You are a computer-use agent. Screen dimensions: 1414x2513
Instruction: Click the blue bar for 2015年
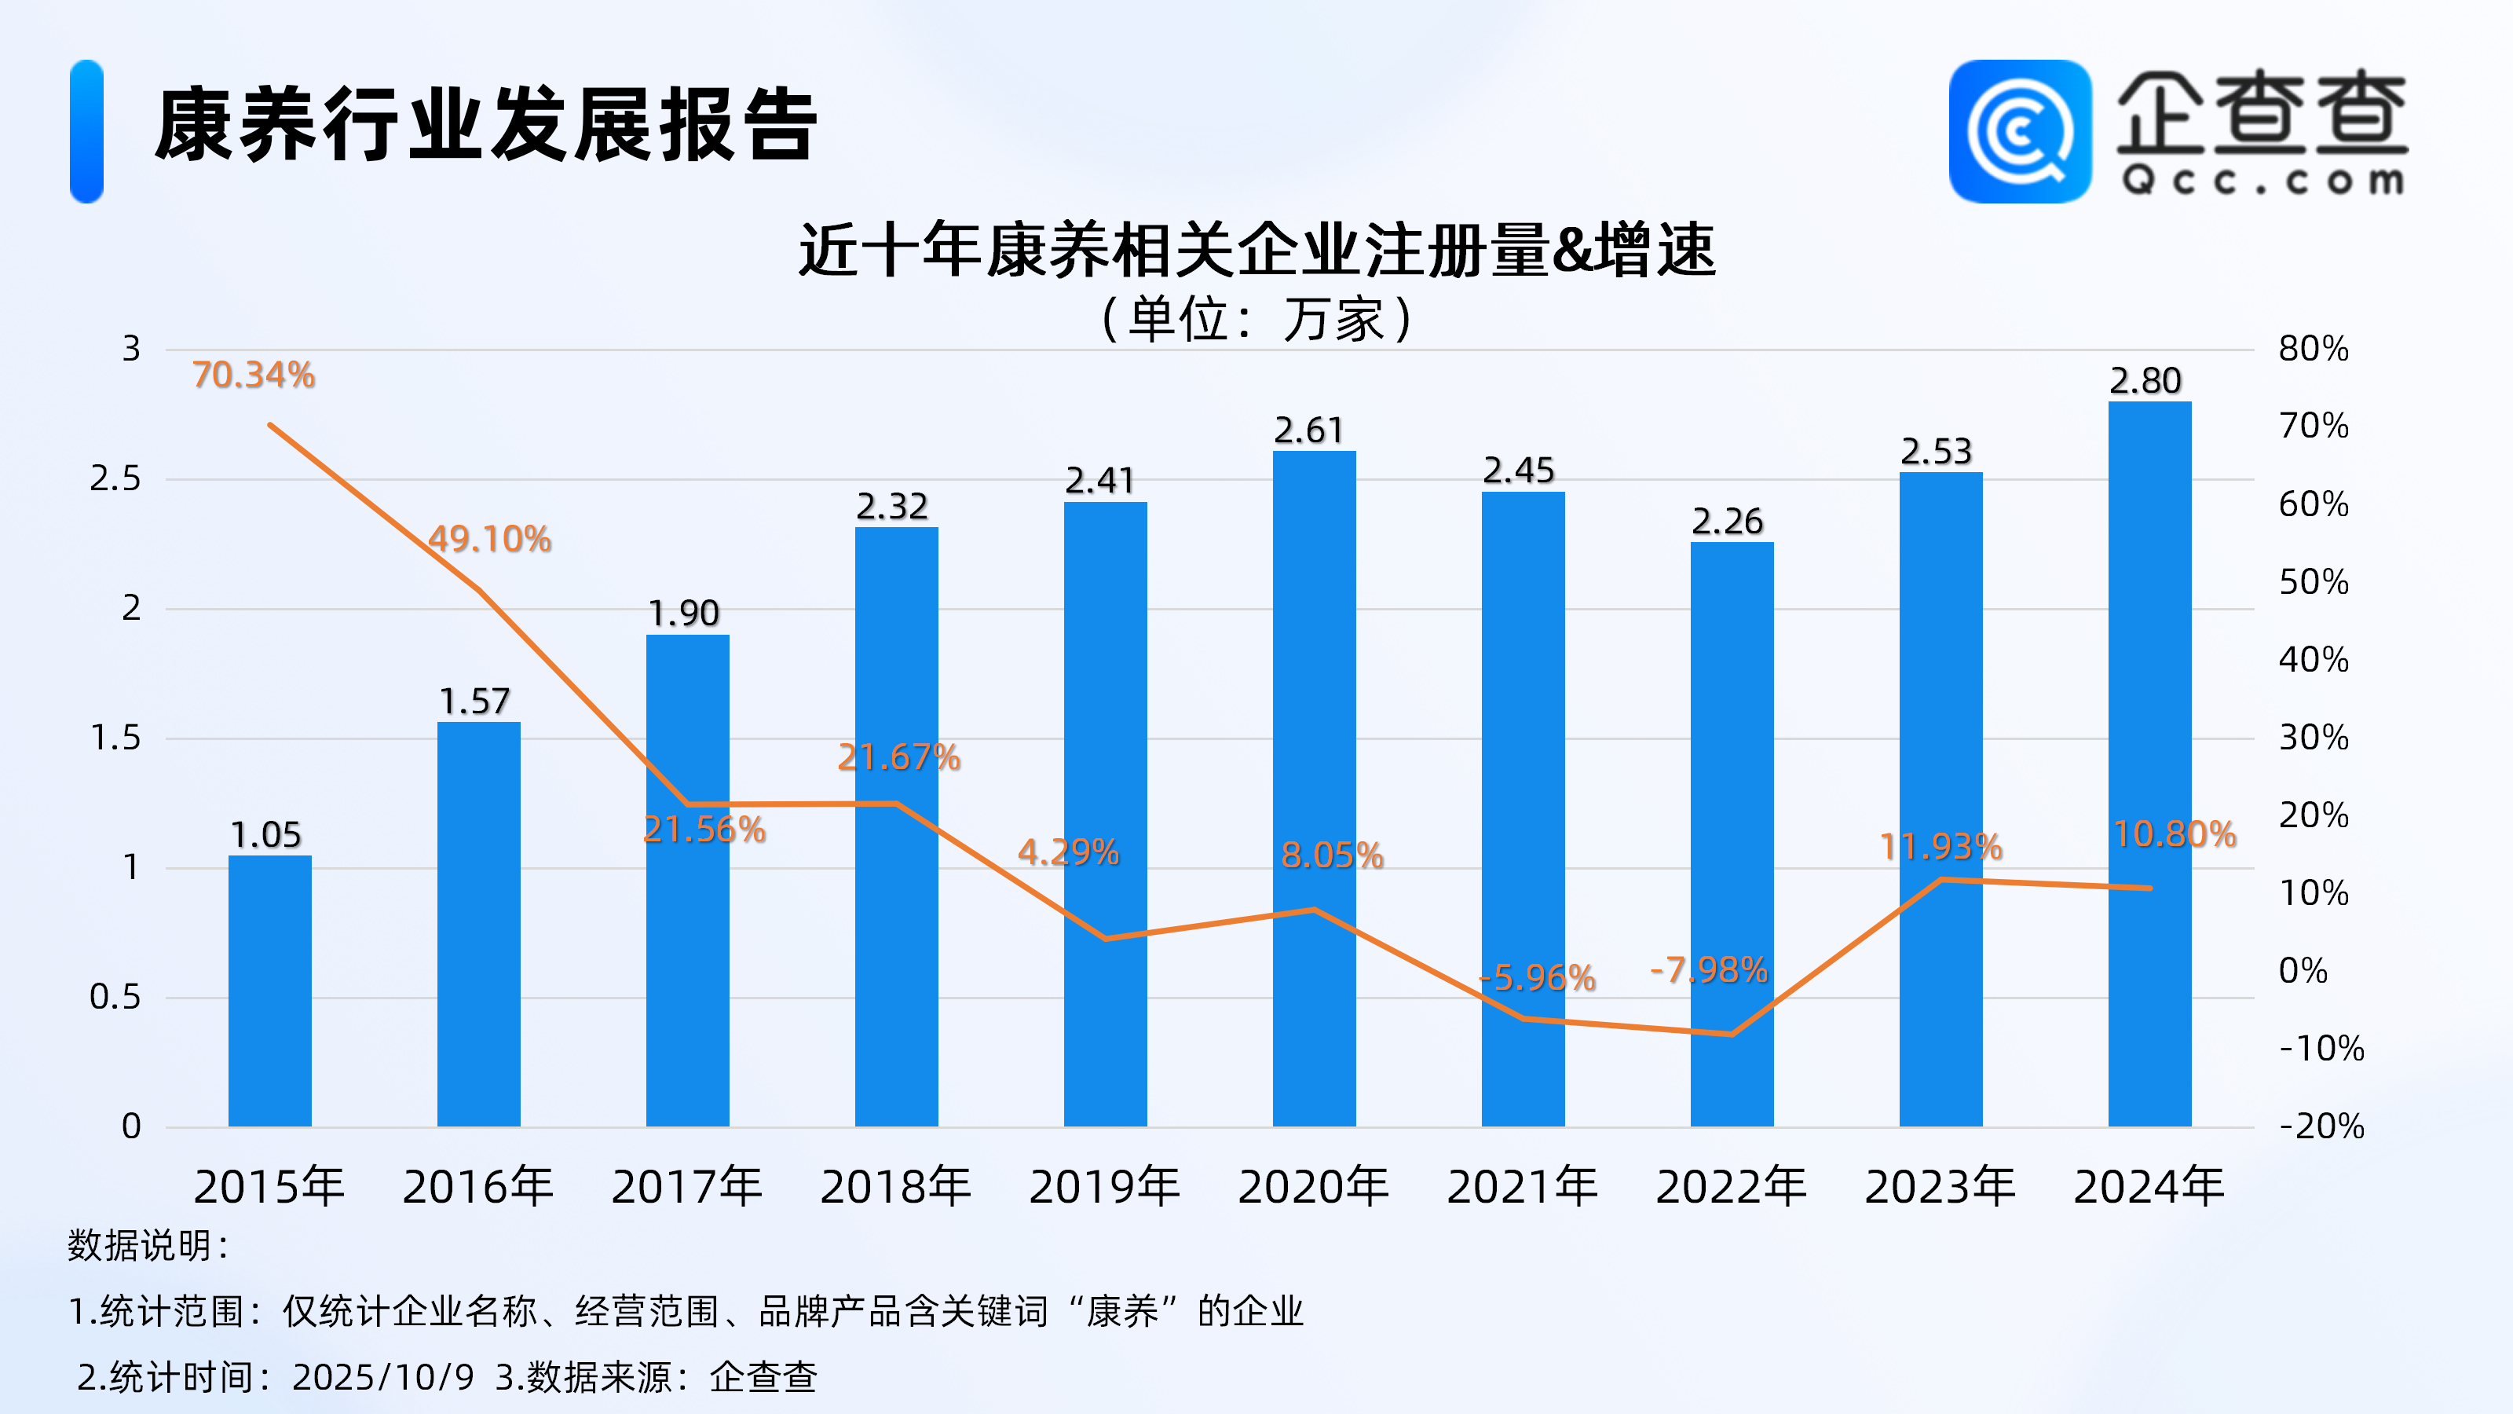[x=270, y=991]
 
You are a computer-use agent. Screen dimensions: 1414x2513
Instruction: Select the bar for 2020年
[x=1314, y=789]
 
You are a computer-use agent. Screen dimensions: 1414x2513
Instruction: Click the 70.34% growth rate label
[x=254, y=375]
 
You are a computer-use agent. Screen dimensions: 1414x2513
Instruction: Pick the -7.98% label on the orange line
[x=1708, y=970]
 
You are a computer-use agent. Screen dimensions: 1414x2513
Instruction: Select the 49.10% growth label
[x=490, y=539]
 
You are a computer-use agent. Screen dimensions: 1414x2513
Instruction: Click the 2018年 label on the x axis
[x=895, y=1187]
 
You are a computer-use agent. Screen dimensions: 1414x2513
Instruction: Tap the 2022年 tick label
[x=1731, y=1187]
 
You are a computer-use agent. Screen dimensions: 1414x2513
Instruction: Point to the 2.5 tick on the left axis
[x=115, y=478]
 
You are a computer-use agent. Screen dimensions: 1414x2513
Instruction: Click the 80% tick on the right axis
[x=2313, y=348]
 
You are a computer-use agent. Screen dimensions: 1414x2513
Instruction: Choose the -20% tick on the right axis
[x=2321, y=1126]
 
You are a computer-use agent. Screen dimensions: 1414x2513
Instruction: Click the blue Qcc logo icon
[x=2019, y=132]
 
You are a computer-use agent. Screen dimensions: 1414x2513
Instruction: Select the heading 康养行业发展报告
[x=485, y=125]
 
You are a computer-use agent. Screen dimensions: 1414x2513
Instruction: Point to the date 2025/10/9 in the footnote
[x=382, y=1377]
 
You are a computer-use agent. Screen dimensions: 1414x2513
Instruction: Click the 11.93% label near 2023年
[x=1941, y=846]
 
